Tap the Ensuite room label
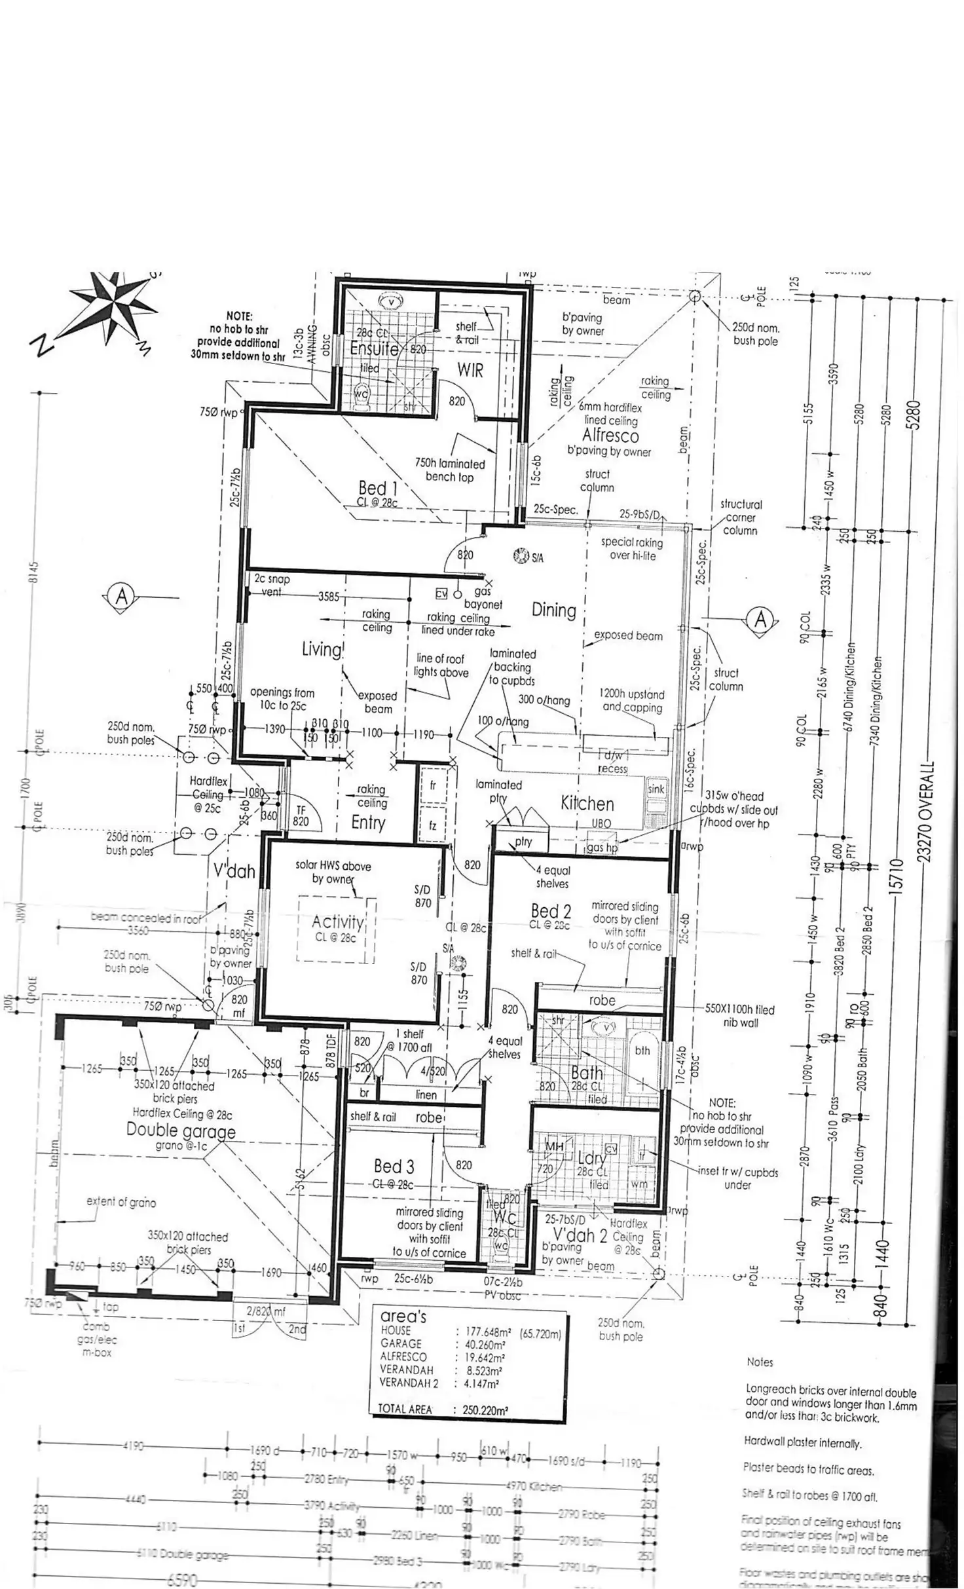(374, 348)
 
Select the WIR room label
(470, 370)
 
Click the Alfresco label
(610, 436)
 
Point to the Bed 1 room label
(378, 488)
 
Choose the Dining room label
(554, 610)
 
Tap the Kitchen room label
(587, 804)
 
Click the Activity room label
(338, 922)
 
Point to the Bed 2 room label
(551, 911)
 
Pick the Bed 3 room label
(394, 1166)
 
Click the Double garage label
(181, 1130)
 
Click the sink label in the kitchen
(656, 789)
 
